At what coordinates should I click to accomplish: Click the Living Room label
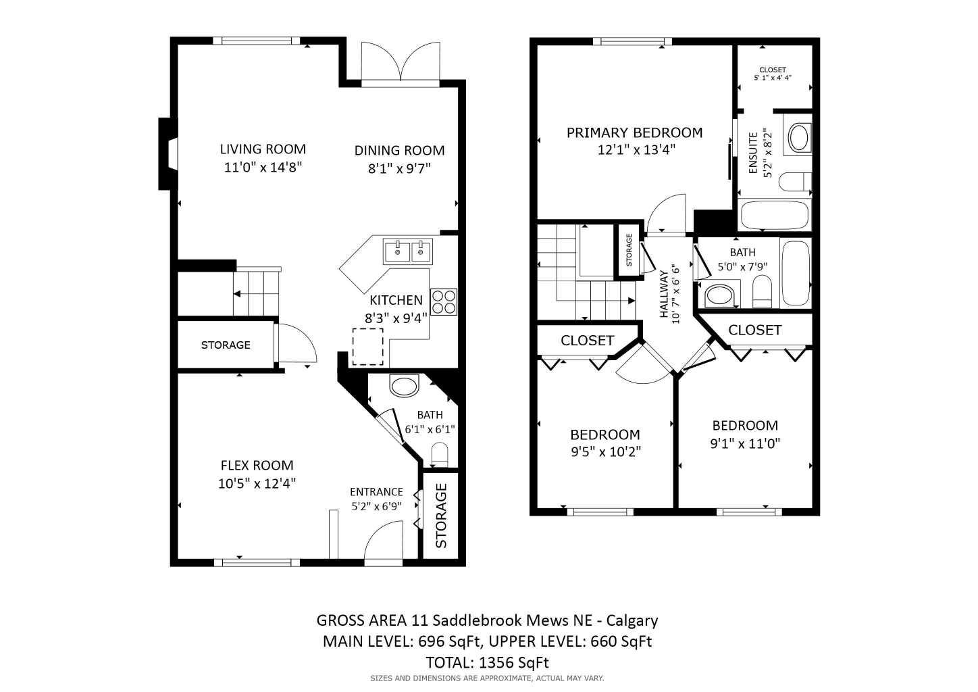coord(263,149)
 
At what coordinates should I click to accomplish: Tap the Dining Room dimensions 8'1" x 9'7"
coord(399,168)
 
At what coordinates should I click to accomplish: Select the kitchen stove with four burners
coord(443,301)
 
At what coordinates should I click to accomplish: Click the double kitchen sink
coord(408,251)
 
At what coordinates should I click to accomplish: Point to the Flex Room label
coord(257,465)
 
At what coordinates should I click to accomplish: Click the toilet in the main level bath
coord(440,454)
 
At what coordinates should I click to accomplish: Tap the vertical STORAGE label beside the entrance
coord(441,516)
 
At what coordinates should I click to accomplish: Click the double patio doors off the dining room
coord(401,63)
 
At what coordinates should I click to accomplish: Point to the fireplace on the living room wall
coord(168,154)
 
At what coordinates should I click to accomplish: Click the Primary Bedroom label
coord(634,132)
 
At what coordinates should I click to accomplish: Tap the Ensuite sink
coord(799,137)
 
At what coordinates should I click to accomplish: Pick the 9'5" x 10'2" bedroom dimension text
coord(605,451)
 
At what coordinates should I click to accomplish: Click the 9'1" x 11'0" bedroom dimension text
coord(745,443)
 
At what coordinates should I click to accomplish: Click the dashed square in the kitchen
coord(367,347)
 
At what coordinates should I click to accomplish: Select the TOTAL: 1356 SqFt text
coord(487,662)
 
